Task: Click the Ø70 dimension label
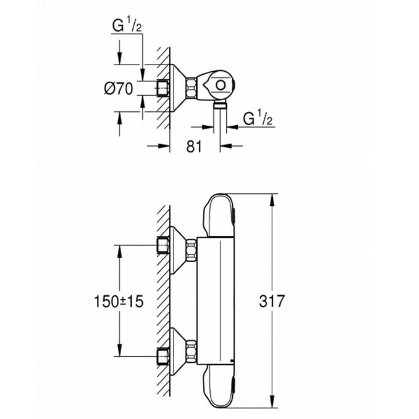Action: click(x=117, y=89)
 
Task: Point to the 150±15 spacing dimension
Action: click(x=119, y=302)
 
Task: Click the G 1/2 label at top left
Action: click(x=126, y=26)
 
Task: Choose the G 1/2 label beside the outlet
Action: click(x=258, y=119)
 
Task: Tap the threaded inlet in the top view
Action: click(x=162, y=88)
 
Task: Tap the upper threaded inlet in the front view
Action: click(x=162, y=245)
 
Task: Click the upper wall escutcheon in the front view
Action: click(x=177, y=248)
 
